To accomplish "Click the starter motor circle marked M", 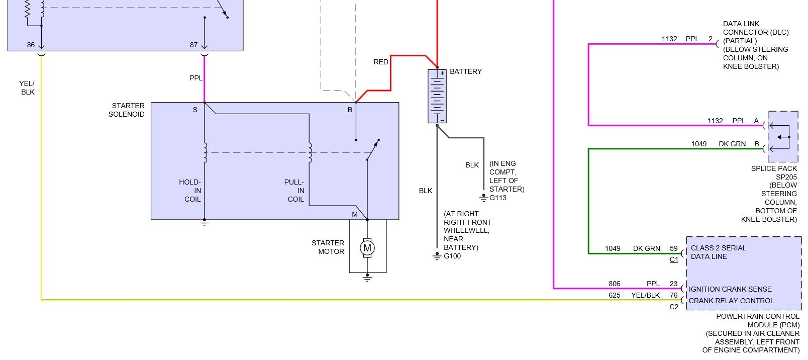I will pyautogui.click(x=367, y=248).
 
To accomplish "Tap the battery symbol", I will pyautogui.click(x=437, y=96).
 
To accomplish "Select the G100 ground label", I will pyautogui.click(x=452, y=256).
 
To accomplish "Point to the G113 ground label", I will pyautogui.click(x=498, y=198).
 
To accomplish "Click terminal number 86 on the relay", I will pyautogui.click(x=31, y=45).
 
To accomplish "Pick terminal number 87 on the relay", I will pyautogui.click(x=193, y=45).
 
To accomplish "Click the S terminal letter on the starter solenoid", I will pyautogui.click(x=195, y=110).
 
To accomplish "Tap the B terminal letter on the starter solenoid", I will pyautogui.click(x=350, y=110).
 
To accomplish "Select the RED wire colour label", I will pyautogui.click(x=381, y=62).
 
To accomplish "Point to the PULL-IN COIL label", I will pyautogui.click(x=295, y=191).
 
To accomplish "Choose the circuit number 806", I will pyautogui.click(x=614, y=284).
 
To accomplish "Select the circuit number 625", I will pyautogui.click(x=614, y=295).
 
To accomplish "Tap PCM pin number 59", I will pyautogui.click(x=673, y=248).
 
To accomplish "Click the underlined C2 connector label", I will pyautogui.click(x=674, y=307).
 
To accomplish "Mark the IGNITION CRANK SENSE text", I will pyautogui.click(x=730, y=289).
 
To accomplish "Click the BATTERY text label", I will pyautogui.click(x=466, y=71).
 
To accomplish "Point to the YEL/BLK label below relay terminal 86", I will pyautogui.click(x=28, y=88).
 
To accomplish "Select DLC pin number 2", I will pyautogui.click(x=711, y=39).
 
